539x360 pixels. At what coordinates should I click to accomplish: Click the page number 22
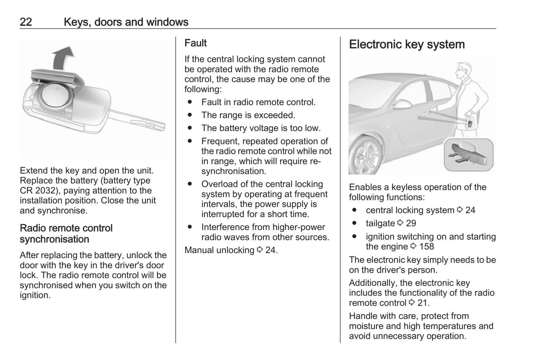[26, 22]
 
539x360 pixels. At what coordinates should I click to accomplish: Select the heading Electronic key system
[407, 44]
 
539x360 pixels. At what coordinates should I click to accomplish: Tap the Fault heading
[195, 43]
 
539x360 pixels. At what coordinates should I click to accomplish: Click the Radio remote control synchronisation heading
[66, 234]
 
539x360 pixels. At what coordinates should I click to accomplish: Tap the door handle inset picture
[468, 155]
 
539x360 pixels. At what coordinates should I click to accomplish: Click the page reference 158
[426, 247]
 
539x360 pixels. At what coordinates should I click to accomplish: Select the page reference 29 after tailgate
[411, 223]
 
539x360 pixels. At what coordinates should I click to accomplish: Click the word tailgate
[380, 223]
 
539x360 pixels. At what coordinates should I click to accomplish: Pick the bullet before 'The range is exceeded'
[190, 115]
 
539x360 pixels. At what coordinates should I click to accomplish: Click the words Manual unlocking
[219, 250]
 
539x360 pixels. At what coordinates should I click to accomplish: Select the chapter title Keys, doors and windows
[126, 22]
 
